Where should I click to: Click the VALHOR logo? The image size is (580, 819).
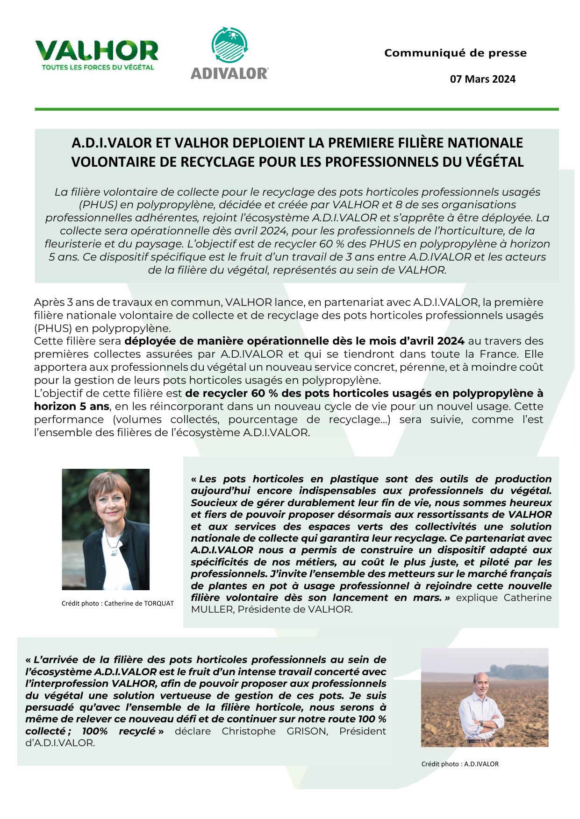tap(97, 51)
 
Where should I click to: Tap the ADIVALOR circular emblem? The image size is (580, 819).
tap(229, 47)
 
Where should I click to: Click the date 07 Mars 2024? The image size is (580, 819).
tap(482, 79)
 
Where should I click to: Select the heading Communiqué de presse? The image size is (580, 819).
tap(455, 53)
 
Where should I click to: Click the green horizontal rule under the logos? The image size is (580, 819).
tap(297, 109)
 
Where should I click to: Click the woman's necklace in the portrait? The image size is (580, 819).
tap(110, 541)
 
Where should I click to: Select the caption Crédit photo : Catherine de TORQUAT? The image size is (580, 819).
tap(117, 603)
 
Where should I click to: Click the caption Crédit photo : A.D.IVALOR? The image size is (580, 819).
tap(460, 764)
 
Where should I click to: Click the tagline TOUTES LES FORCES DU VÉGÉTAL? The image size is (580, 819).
tap(98, 67)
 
